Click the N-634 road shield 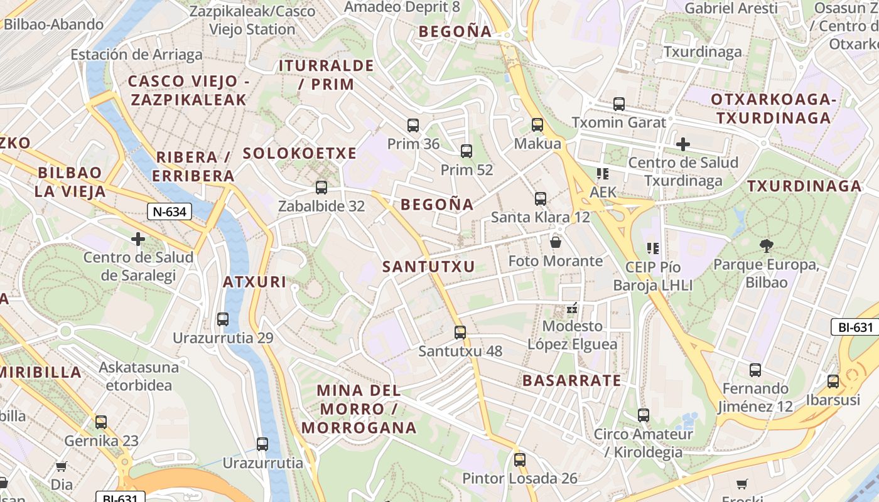[170, 211]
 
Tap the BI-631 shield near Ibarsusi [855, 327]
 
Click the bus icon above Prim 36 [413, 125]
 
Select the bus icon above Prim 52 [466, 151]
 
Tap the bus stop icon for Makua [537, 125]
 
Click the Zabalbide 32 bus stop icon [321, 187]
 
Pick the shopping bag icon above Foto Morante [555, 242]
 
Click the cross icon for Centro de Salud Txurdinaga [682, 144]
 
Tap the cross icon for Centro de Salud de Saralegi [138, 239]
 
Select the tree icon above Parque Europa [766, 245]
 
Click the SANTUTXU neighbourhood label [429, 267]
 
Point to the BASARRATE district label [571, 380]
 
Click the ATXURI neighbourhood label [254, 282]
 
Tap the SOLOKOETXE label [299, 153]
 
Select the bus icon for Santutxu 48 [460, 333]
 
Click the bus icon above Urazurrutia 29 [223, 319]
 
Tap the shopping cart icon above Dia [61, 466]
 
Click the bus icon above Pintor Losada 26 [519, 459]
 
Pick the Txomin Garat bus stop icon [618, 104]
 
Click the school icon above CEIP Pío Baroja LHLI [652, 248]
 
